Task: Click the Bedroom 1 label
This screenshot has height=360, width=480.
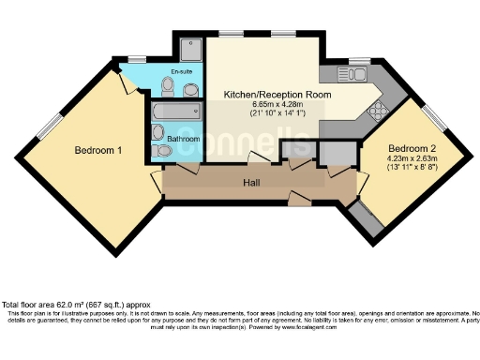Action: point(98,150)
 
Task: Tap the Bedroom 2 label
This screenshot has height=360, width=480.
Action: point(412,149)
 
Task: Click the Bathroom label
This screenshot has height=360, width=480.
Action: point(183,139)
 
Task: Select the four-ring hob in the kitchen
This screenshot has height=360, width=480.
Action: point(378,110)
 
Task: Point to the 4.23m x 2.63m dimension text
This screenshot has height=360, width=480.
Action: point(412,158)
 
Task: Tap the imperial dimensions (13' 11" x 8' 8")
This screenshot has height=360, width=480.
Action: point(412,167)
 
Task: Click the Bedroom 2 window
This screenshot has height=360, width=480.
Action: point(433,117)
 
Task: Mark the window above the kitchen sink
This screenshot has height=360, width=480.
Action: point(358,59)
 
